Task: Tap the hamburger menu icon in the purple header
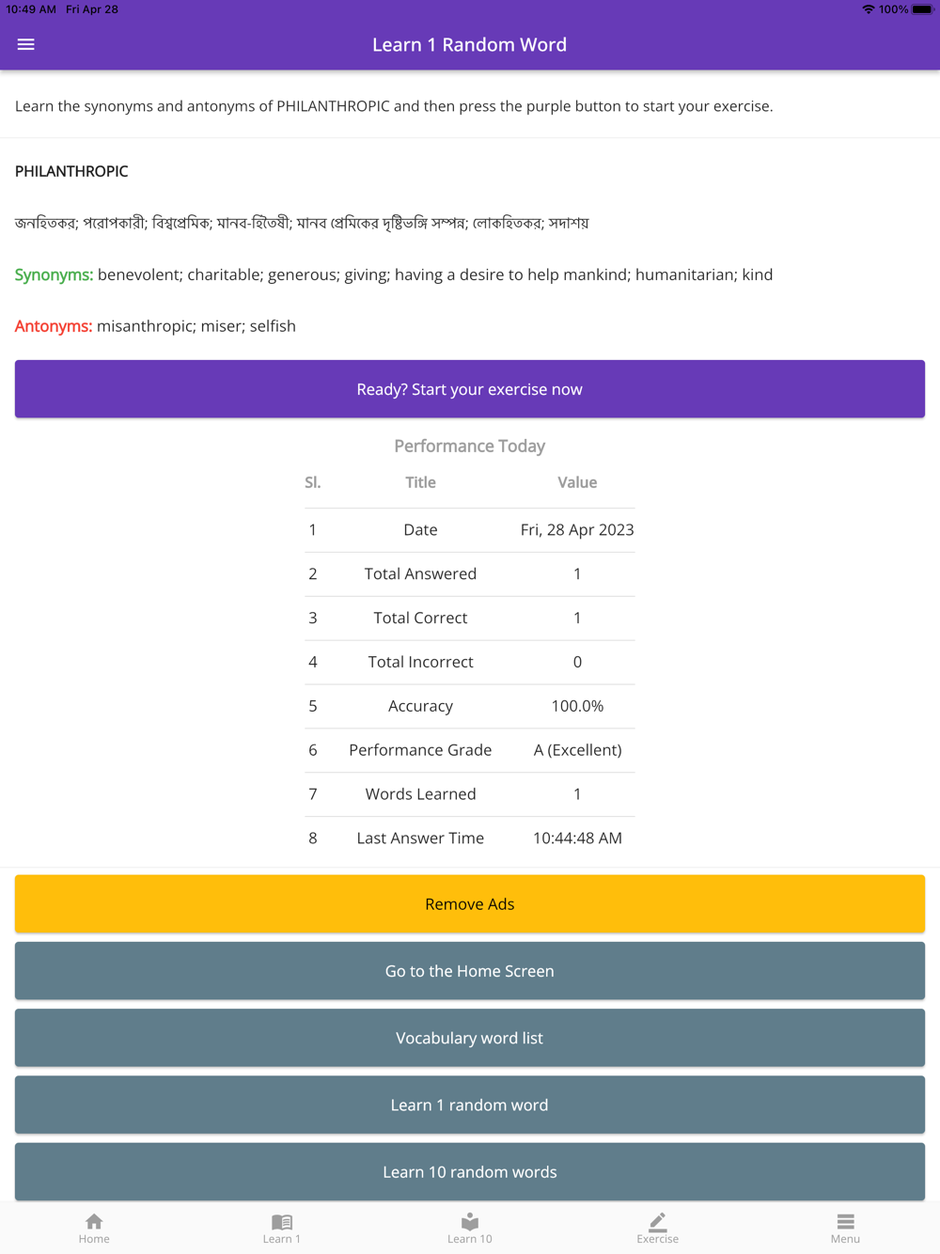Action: (25, 44)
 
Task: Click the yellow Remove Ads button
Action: (470, 904)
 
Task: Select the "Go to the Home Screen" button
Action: (470, 971)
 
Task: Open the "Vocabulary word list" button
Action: (470, 1038)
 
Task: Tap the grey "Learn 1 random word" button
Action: (470, 1105)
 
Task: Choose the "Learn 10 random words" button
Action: (470, 1171)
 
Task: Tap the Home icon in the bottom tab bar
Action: (94, 1222)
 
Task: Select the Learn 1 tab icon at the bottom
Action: (282, 1222)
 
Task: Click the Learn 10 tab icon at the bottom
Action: (470, 1222)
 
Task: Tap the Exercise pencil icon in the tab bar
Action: (658, 1222)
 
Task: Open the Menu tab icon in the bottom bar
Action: (845, 1222)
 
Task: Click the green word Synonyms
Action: (54, 274)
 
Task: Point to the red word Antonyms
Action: (54, 326)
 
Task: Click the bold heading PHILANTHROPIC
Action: (71, 171)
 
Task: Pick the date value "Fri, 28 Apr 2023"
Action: (577, 530)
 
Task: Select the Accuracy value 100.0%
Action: (577, 706)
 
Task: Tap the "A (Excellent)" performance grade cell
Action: (577, 750)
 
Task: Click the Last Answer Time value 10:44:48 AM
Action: (577, 839)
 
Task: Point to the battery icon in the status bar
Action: (922, 9)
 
